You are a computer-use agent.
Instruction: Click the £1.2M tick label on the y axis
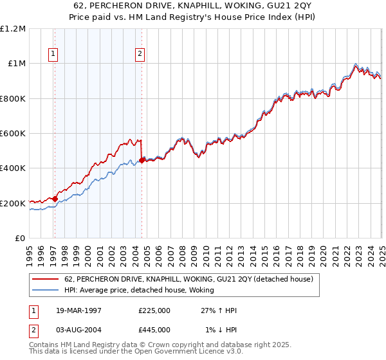click(x=13, y=29)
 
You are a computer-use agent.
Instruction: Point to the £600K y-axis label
click(x=13, y=134)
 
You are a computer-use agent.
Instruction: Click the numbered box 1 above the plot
click(x=53, y=55)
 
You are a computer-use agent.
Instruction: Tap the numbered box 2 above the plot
click(x=140, y=55)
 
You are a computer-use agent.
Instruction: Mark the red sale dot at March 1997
click(x=55, y=199)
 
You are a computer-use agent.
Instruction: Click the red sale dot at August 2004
click(x=142, y=161)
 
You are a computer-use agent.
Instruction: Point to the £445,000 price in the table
click(x=154, y=329)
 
